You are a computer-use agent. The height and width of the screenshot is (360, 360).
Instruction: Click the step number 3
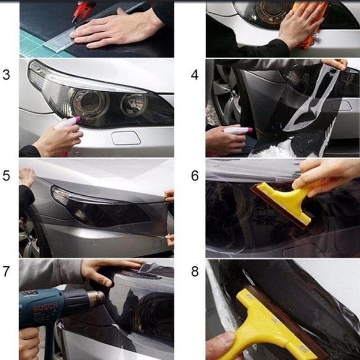point(6,75)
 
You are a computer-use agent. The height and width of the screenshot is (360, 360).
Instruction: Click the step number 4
point(194,75)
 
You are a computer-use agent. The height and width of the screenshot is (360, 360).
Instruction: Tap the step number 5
point(6,175)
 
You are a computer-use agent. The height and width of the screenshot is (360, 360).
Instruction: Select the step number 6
point(194,175)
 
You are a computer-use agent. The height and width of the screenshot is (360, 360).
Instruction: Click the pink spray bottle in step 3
point(67,122)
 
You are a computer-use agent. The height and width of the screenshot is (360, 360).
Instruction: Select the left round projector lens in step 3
point(90,103)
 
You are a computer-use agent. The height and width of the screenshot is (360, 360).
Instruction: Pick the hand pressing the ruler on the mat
point(119,28)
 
